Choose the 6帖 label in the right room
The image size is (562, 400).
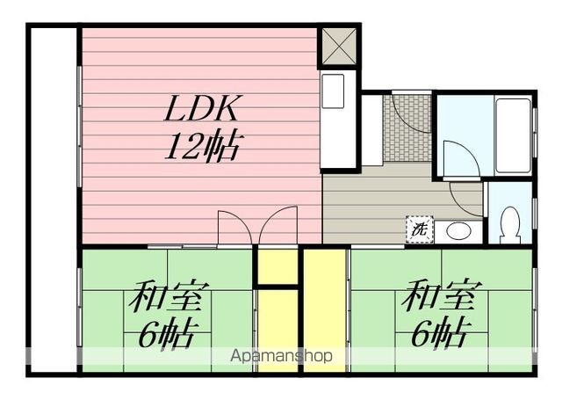pyautogui.click(x=437, y=334)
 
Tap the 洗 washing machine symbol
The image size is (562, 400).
pyautogui.click(x=418, y=229)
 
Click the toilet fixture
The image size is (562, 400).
pyautogui.click(x=509, y=225)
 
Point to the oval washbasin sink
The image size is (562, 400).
pyautogui.click(x=458, y=232)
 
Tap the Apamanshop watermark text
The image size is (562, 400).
pyautogui.click(x=282, y=357)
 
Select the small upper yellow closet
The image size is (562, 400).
pyautogui.click(x=277, y=266)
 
